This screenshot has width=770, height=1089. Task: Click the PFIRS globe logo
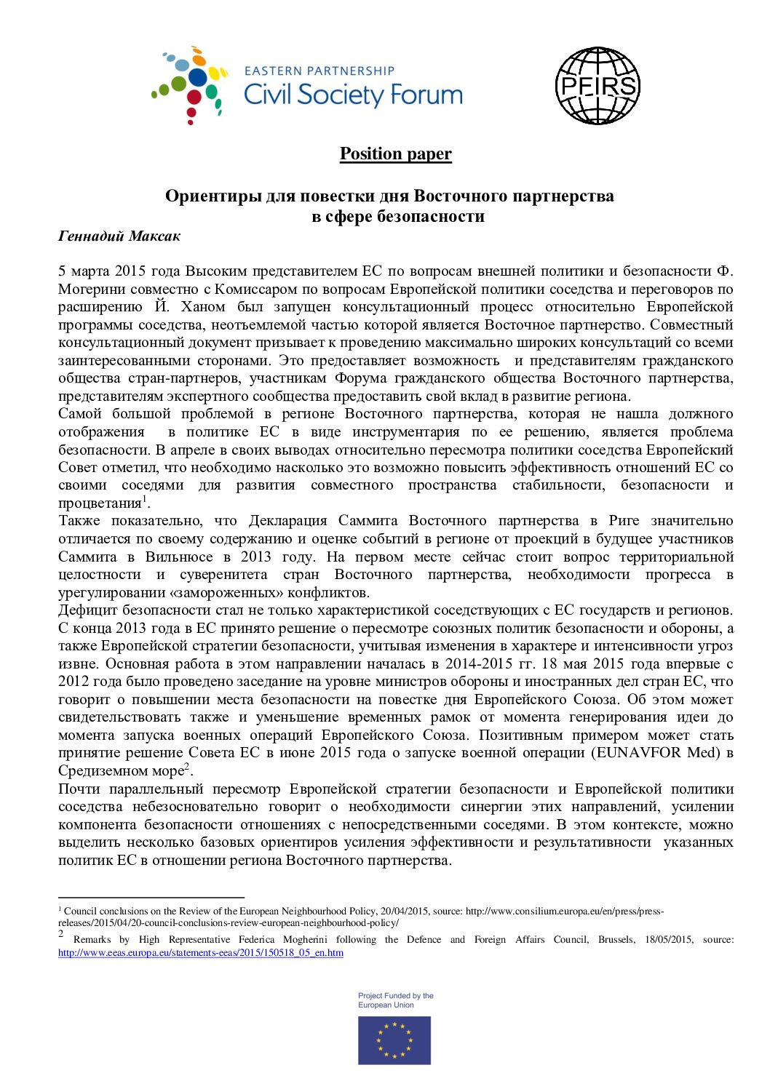pos(597,86)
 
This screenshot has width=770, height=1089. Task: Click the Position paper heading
pos(395,153)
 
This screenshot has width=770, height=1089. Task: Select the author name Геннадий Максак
pos(119,236)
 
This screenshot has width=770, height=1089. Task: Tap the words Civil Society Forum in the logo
pos(353,95)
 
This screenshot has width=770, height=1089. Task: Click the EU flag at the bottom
pos(394,1040)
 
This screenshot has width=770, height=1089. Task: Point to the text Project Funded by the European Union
pos(395,1000)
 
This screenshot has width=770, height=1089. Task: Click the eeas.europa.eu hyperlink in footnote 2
pos(200,952)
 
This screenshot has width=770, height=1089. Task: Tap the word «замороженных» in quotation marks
pos(232,592)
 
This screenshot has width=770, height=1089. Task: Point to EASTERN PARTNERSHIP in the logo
pos(319,71)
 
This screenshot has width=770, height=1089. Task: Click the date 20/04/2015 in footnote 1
pos(405,911)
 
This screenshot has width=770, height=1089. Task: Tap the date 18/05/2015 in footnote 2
pos(668,939)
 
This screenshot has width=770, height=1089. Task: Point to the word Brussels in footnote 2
pos(617,939)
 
